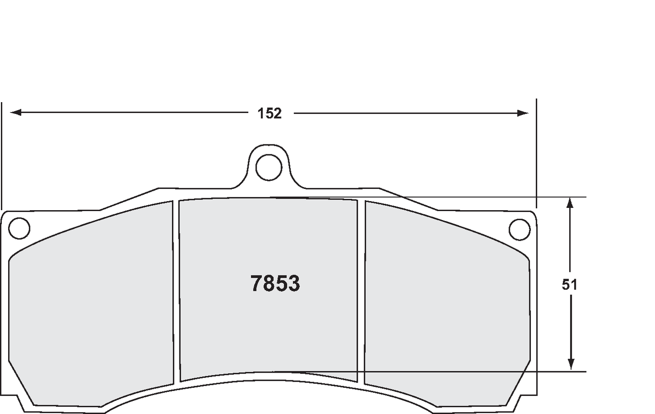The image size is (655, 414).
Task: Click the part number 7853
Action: click(275, 284)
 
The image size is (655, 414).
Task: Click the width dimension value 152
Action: click(270, 113)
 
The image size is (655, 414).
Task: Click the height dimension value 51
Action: click(569, 285)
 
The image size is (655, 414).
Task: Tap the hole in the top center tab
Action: click(269, 168)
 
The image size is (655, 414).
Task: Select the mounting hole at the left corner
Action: click(19, 228)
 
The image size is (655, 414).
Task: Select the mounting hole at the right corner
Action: click(519, 230)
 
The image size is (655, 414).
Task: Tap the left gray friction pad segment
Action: click(91, 309)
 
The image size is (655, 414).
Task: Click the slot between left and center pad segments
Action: click(176, 291)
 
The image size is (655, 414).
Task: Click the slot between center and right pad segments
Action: click(361, 291)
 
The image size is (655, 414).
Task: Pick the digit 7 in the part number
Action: click(257, 284)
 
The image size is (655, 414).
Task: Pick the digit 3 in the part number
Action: click(294, 284)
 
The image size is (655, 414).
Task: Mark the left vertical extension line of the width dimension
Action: click(2, 154)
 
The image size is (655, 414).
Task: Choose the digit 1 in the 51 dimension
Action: click(574, 285)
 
